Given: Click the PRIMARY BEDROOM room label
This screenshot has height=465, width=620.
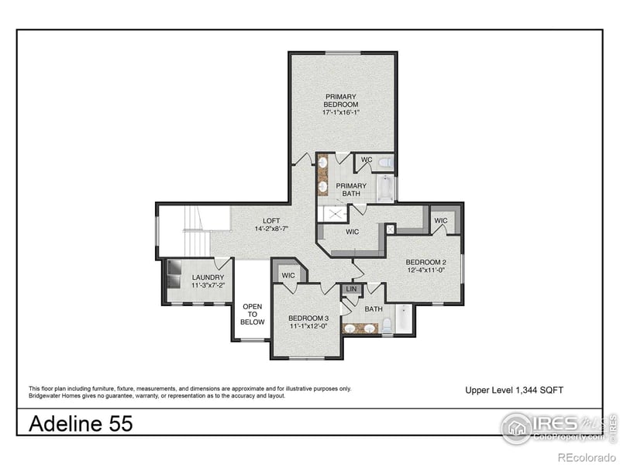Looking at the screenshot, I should click(341, 101).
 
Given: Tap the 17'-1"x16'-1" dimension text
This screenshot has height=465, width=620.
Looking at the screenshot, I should click(341, 112).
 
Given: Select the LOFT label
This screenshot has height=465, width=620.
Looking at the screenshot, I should click(271, 220).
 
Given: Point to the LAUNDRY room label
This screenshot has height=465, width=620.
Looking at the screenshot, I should click(208, 277).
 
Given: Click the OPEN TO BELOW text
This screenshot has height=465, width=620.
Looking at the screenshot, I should click(253, 314).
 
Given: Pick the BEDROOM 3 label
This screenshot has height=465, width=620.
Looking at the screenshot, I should click(308, 319).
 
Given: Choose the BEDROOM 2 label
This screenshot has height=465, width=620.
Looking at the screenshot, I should click(426, 262).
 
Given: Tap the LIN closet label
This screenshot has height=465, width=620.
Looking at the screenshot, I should click(351, 289).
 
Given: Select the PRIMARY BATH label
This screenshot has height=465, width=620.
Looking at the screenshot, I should click(351, 190).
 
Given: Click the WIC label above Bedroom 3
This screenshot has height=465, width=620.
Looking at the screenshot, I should click(288, 275).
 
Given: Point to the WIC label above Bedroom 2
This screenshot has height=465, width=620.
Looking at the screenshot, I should click(441, 221).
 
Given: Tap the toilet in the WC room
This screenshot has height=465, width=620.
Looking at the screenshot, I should click(385, 162).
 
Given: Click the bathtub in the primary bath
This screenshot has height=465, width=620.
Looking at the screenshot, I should click(384, 188).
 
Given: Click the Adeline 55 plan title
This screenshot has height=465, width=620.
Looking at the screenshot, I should click(81, 424).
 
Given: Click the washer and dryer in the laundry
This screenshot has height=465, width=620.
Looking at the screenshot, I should click(171, 276).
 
